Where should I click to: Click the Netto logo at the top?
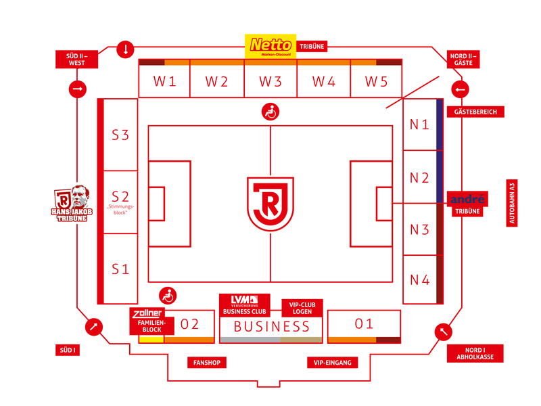pos(270,46)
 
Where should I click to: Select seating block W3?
pos(270,81)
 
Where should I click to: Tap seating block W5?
pos(376,81)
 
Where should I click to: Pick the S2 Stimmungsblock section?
pos(120,202)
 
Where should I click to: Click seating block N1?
pos(419,125)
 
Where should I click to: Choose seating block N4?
pos(419,279)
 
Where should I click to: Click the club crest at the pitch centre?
pos(270,204)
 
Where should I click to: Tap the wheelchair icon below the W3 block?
pos(270,112)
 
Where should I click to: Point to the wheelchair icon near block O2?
pos(168,296)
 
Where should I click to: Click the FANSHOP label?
pos(207,363)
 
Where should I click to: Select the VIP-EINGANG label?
pos(332,363)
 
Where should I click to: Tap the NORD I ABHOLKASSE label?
pos(475,353)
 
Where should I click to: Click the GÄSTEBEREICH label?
pos(475,112)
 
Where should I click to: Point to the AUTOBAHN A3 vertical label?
pos(512,203)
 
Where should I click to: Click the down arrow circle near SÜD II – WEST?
pos(125,49)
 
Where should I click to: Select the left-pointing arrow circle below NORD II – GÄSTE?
pos(461,89)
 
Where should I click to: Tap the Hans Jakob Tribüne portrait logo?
pos(72,204)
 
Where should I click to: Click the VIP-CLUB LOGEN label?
pos(302,308)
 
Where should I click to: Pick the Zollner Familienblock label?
pos(151,321)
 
